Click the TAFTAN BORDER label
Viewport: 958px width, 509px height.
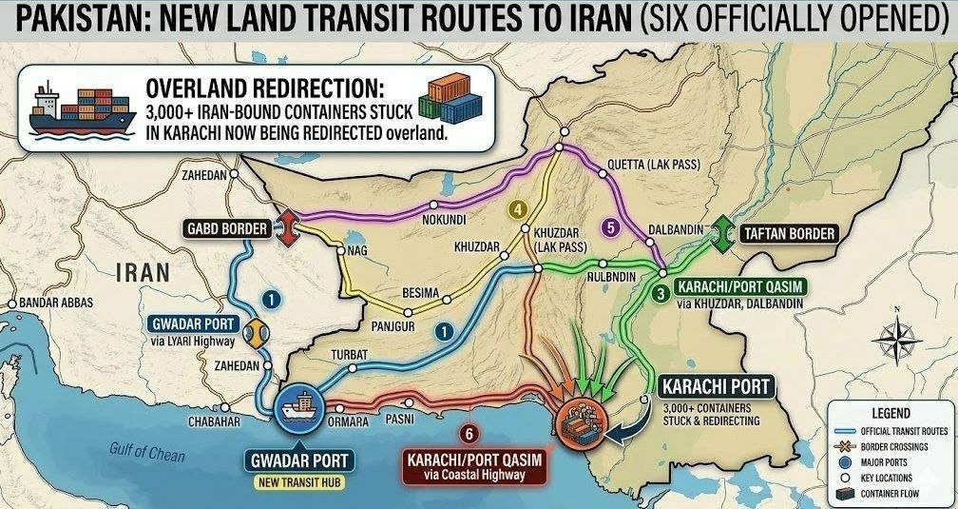pyautogui.click(x=788, y=233)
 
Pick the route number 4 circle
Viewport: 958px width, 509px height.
pyautogui.click(x=518, y=210)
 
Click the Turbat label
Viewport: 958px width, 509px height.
pyautogui.click(x=348, y=354)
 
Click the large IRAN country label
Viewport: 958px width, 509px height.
pyautogui.click(x=143, y=272)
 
